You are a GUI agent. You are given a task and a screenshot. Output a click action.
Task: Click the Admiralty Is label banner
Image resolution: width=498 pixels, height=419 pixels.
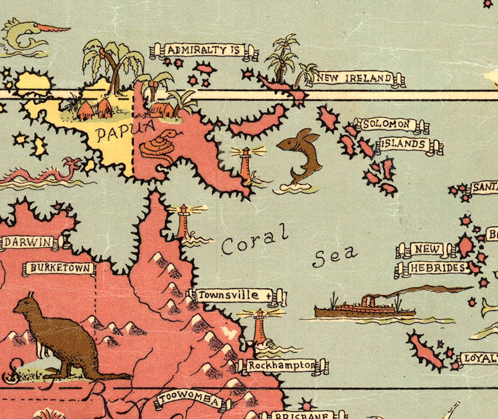click(203, 50)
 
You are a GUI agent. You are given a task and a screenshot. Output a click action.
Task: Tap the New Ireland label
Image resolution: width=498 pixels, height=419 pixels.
click(355, 79)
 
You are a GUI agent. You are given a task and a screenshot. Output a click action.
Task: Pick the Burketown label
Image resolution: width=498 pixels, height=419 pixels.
click(59, 269)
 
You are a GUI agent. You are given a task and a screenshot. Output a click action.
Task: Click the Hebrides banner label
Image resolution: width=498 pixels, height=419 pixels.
click(437, 268)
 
